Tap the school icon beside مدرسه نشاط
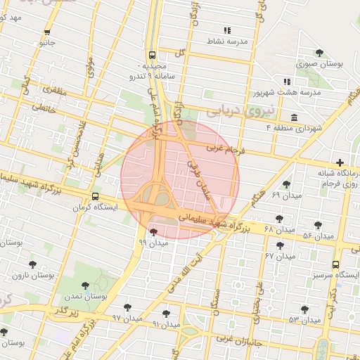coord(226,30)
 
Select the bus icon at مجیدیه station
coord(153,55)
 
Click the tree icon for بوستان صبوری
coord(320,53)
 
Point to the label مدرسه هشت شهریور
coord(286,93)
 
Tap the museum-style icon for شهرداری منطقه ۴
coord(293,117)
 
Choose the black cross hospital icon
coord(340,162)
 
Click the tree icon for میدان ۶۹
coord(286,184)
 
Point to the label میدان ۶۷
coord(278,255)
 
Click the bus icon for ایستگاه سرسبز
coord(335,265)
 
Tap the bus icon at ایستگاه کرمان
coord(95,197)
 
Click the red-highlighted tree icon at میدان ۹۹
coord(153,231)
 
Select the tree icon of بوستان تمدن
coord(86,285)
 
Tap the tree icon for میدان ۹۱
coord(166,314)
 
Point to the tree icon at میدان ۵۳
coord(304,309)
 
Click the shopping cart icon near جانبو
coord(47,32)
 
